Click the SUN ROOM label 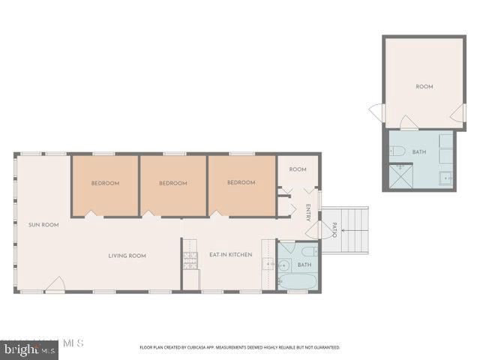tap(43, 224)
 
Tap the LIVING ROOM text tap(127, 256)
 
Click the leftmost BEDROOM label tap(105, 183)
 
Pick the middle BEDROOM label tap(173, 183)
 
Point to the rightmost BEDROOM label tap(241, 183)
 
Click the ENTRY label tap(307, 212)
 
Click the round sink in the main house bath tap(284, 265)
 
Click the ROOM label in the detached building tap(424, 87)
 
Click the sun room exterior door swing tap(55, 284)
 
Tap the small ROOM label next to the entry tap(298, 169)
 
